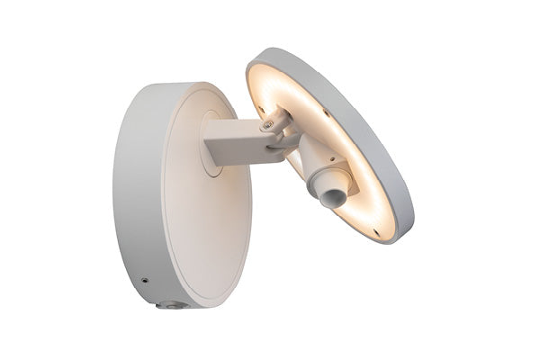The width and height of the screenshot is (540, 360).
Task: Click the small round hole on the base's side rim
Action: [144, 281]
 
